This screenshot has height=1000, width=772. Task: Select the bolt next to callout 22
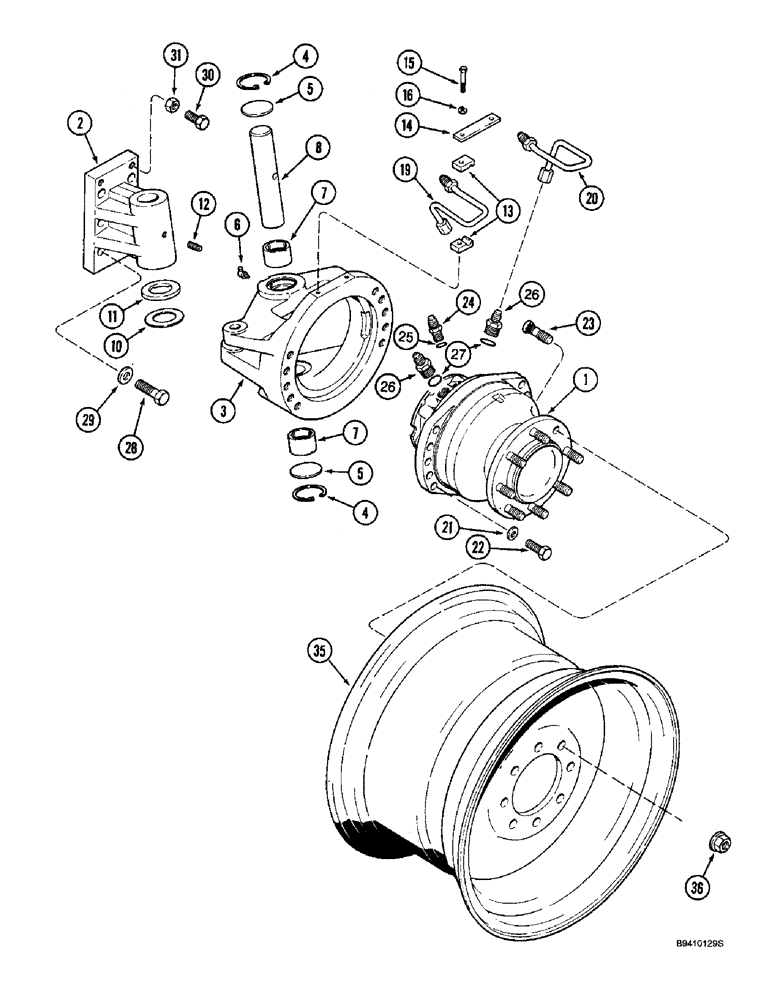[x=537, y=549]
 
